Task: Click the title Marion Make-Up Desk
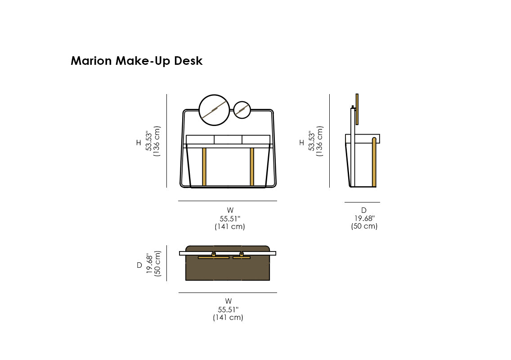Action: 137,61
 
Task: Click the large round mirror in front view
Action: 214,110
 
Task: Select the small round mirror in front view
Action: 242,109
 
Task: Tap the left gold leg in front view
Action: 204,166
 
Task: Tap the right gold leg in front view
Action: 252,166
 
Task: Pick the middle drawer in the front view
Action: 228,139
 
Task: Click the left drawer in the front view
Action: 200,139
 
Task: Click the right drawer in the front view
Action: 256,139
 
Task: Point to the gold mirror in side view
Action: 357,109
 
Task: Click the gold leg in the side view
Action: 374,162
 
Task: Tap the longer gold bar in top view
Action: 214,257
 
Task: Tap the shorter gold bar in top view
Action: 242,257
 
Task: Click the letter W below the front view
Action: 230,210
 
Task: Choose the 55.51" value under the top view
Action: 228,310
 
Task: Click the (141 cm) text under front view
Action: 230,227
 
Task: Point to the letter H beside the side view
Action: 301,143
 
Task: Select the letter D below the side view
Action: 364,210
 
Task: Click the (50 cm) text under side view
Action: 364,226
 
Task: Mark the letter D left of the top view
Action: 139,265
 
